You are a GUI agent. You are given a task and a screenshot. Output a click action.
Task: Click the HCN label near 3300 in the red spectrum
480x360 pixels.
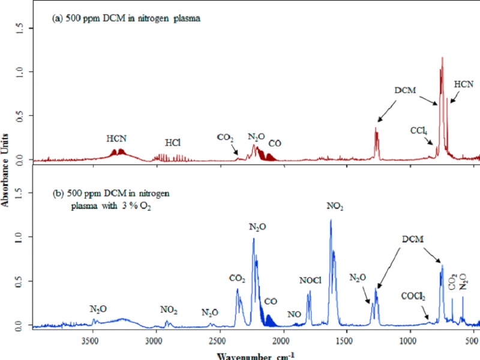click(x=116, y=139)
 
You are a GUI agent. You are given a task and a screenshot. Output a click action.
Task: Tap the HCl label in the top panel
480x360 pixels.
click(x=173, y=143)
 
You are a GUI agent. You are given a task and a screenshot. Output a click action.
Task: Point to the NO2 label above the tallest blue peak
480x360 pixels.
click(x=335, y=206)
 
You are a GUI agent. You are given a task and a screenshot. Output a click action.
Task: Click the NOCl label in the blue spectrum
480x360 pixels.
click(x=310, y=280)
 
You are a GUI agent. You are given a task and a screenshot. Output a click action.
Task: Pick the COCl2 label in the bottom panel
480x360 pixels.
click(x=414, y=296)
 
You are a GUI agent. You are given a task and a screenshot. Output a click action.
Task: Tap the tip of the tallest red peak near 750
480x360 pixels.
click(x=442, y=58)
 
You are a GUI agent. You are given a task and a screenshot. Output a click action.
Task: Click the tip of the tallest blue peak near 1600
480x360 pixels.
click(x=331, y=220)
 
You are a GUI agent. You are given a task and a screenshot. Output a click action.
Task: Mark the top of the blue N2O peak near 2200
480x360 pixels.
click(x=253, y=239)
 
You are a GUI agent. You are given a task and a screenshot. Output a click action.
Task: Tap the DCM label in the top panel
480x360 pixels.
click(x=405, y=91)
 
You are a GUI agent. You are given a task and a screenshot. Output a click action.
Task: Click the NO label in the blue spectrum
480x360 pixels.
click(x=294, y=314)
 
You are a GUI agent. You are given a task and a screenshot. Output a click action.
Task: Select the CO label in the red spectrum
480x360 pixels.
click(x=275, y=143)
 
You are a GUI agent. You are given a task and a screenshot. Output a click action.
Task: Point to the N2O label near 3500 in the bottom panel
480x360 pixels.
click(x=98, y=309)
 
